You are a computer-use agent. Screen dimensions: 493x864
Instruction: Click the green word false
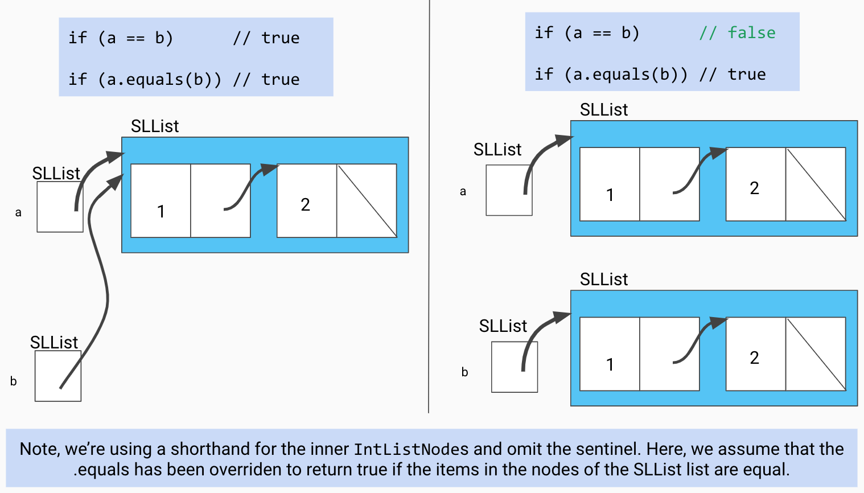pyautogui.click(x=751, y=33)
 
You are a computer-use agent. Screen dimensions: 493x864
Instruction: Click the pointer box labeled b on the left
pyautogui.click(x=57, y=376)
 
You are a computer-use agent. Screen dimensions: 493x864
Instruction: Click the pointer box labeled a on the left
pyautogui.click(x=60, y=207)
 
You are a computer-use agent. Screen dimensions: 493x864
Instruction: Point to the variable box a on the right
pyautogui.click(x=509, y=190)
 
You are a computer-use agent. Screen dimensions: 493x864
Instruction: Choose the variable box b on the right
pyautogui.click(x=514, y=367)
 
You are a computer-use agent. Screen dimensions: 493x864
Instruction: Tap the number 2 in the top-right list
pyautogui.click(x=755, y=188)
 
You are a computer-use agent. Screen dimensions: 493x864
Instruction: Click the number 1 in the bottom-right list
pyautogui.click(x=610, y=364)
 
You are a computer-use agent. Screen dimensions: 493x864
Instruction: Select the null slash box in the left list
pyautogui.click(x=367, y=201)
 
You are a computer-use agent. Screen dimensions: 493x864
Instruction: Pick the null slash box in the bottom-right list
pyautogui.click(x=816, y=354)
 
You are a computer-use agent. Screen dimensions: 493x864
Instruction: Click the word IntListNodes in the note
pyautogui.click(x=411, y=450)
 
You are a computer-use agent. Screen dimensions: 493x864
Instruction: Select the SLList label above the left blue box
pyautogui.click(x=155, y=126)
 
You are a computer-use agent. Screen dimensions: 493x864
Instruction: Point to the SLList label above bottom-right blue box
pyautogui.click(x=604, y=279)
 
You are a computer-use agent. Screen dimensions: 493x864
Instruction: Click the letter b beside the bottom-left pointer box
pyautogui.click(x=14, y=381)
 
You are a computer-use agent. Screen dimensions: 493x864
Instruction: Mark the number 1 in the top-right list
pyautogui.click(x=610, y=195)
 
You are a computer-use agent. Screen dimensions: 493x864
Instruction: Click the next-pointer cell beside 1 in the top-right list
pyautogui.click(x=669, y=184)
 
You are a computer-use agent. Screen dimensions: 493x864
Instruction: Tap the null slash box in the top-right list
pyautogui.click(x=816, y=184)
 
